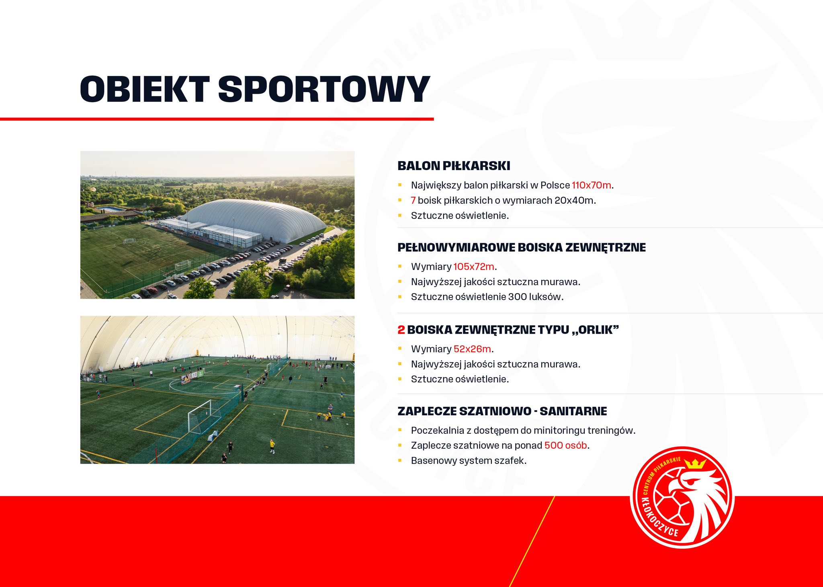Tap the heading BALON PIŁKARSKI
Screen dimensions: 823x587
coord(454,166)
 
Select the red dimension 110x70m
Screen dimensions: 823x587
coord(591,185)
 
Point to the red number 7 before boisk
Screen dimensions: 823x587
coord(413,200)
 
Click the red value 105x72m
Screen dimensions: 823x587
coord(474,267)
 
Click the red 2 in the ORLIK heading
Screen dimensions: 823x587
coord(401,330)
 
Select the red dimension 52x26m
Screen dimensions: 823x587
coord(472,349)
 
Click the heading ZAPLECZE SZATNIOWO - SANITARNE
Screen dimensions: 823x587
coord(502,411)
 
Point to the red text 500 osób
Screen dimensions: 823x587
coord(565,445)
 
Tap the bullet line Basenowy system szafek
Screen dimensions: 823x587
coord(469,460)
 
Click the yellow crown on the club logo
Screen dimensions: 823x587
coord(695,464)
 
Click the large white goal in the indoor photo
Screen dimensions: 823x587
coord(204,416)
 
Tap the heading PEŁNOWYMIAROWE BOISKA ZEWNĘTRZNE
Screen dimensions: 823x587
coord(522,248)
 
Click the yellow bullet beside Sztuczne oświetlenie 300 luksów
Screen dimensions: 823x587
coord(400,297)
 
